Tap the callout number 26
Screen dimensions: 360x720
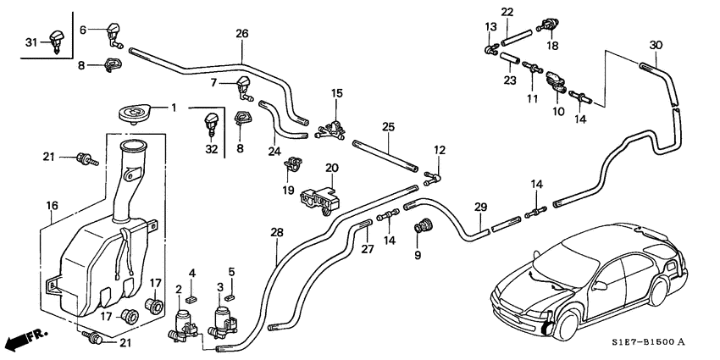coord(241,35)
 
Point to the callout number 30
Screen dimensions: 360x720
coord(656,44)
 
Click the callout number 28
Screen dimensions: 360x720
coord(276,231)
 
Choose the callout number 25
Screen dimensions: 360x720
coord(389,126)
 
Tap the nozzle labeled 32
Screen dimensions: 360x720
coord(208,127)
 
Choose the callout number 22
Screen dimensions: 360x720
coord(507,11)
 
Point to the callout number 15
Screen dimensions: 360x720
coord(337,92)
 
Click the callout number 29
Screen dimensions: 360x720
coord(480,208)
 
